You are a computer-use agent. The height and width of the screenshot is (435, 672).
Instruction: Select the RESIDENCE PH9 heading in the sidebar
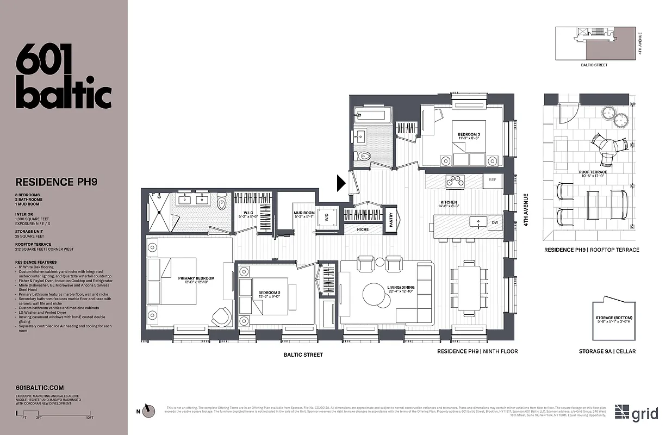[57, 182]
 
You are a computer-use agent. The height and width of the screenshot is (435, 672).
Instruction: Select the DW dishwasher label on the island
[494, 222]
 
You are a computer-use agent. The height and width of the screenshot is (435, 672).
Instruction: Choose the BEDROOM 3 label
[468, 134]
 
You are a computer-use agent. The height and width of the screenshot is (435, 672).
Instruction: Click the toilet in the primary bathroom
[221, 204]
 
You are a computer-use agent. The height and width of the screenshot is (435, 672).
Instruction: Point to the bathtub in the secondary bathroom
[372, 115]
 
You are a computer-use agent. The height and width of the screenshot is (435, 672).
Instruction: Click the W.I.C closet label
[248, 213]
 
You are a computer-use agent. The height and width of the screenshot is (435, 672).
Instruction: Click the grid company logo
[637, 413]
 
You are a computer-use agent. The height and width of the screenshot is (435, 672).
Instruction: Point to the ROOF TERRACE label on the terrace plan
[593, 172]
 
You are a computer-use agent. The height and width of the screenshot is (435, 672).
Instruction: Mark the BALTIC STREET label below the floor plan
[303, 355]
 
